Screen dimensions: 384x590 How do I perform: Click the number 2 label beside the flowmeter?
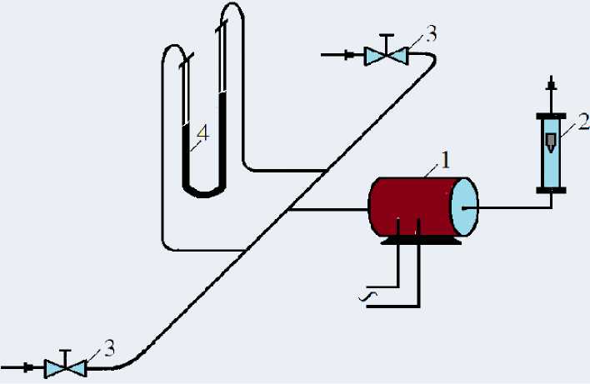pyautogui.click(x=583, y=122)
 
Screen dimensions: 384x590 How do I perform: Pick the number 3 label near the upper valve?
pyautogui.click(x=430, y=34)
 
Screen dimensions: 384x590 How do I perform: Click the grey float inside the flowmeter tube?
pyautogui.click(x=551, y=141)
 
